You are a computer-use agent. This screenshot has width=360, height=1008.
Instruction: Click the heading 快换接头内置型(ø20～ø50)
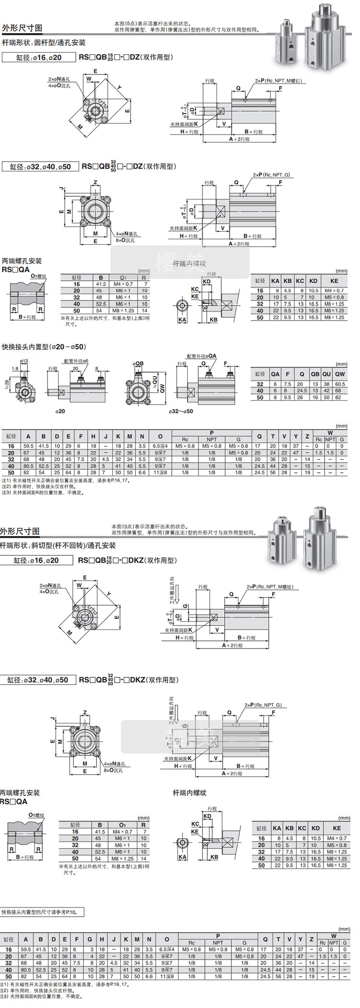[x=44, y=347]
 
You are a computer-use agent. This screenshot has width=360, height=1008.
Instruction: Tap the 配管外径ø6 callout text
[x=76, y=361]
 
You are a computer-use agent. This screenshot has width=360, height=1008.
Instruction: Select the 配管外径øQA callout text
[x=202, y=356]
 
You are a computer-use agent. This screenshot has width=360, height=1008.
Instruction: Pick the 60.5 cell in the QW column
[x=340, y=384]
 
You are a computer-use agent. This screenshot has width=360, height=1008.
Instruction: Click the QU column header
[x=326, y=374]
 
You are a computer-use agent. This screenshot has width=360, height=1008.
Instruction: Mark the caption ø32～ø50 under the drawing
[x=181, y=411]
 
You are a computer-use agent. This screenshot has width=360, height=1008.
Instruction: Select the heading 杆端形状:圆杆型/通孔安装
[x=44, y=43]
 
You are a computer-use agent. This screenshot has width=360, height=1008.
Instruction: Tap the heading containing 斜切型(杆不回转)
[x=58, y=545]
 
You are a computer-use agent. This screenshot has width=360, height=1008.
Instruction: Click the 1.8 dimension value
[x=15, y=369]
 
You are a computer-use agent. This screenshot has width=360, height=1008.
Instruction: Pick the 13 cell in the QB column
[x=315, y=384]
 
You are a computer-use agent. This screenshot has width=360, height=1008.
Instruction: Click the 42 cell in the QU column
[x=326, y=391]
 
